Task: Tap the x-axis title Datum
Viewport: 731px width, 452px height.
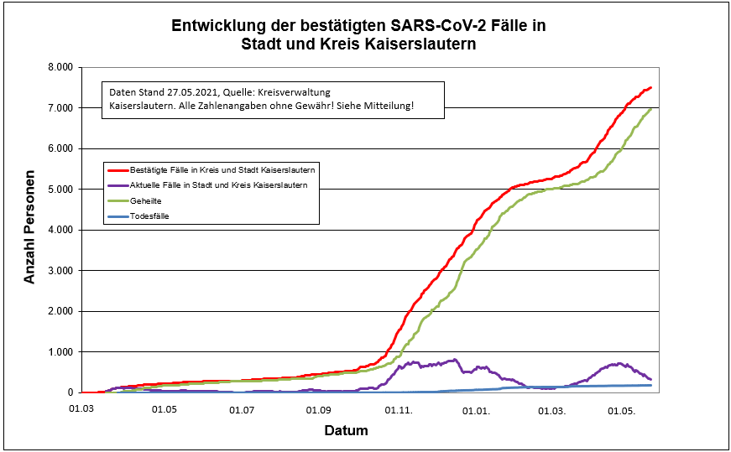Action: pos(346,431)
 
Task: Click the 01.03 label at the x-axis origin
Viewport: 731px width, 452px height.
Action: pos(81,410)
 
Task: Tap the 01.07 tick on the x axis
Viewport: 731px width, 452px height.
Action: pos(242,410)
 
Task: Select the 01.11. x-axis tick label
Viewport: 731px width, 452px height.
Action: pos(399,410)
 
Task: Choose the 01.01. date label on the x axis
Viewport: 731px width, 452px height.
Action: pos(477,410)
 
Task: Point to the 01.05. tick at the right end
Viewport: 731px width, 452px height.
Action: pos(622,410)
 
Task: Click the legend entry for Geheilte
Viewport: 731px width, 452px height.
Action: pos(148,200)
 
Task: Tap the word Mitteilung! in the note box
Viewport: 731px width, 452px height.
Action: pos(388,107)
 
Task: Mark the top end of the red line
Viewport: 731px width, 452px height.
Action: pos(650,87)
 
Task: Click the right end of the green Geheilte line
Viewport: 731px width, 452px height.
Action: pos(651,109)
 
